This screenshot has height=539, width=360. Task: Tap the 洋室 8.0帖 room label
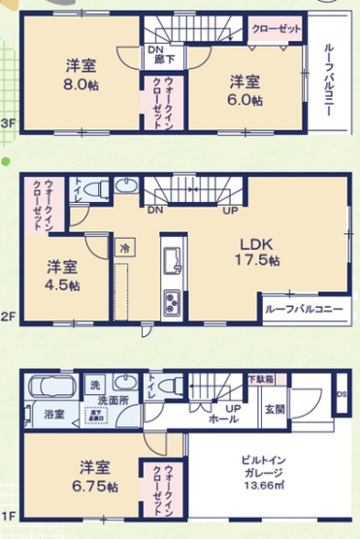click(80, 77)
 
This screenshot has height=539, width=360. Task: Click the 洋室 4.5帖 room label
click(64, 277)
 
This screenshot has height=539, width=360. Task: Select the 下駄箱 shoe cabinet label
click(259, 379)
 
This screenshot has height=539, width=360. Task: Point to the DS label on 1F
click(341, 394)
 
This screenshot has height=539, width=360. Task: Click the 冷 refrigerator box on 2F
click(124, 249)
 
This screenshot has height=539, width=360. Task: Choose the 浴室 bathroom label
click(53, 415)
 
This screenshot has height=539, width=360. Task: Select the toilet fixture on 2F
click(124, 186)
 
